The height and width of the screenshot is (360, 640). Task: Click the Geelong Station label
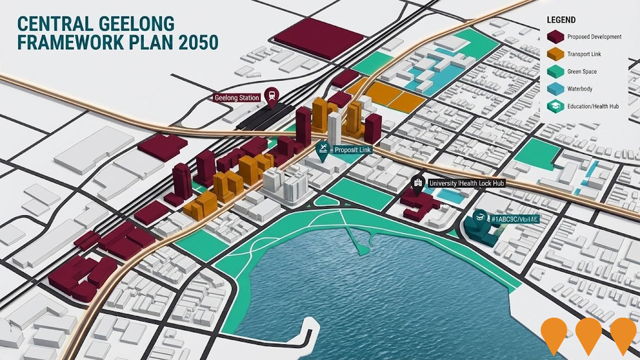[237, 98]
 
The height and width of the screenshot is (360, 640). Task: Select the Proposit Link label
[353, 150]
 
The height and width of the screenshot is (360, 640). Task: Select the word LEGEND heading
[561, 20]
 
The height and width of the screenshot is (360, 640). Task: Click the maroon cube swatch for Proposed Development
[555, 37]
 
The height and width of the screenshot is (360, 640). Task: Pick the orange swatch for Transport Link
[555, 54]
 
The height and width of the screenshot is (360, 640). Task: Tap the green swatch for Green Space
[555, 72]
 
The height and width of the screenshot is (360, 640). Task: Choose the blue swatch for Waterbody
[555, 89]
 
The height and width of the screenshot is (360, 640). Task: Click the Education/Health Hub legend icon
[555, 106]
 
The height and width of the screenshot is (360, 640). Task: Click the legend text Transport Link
[584, 54]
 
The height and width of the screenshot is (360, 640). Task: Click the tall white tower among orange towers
[334, 127]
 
